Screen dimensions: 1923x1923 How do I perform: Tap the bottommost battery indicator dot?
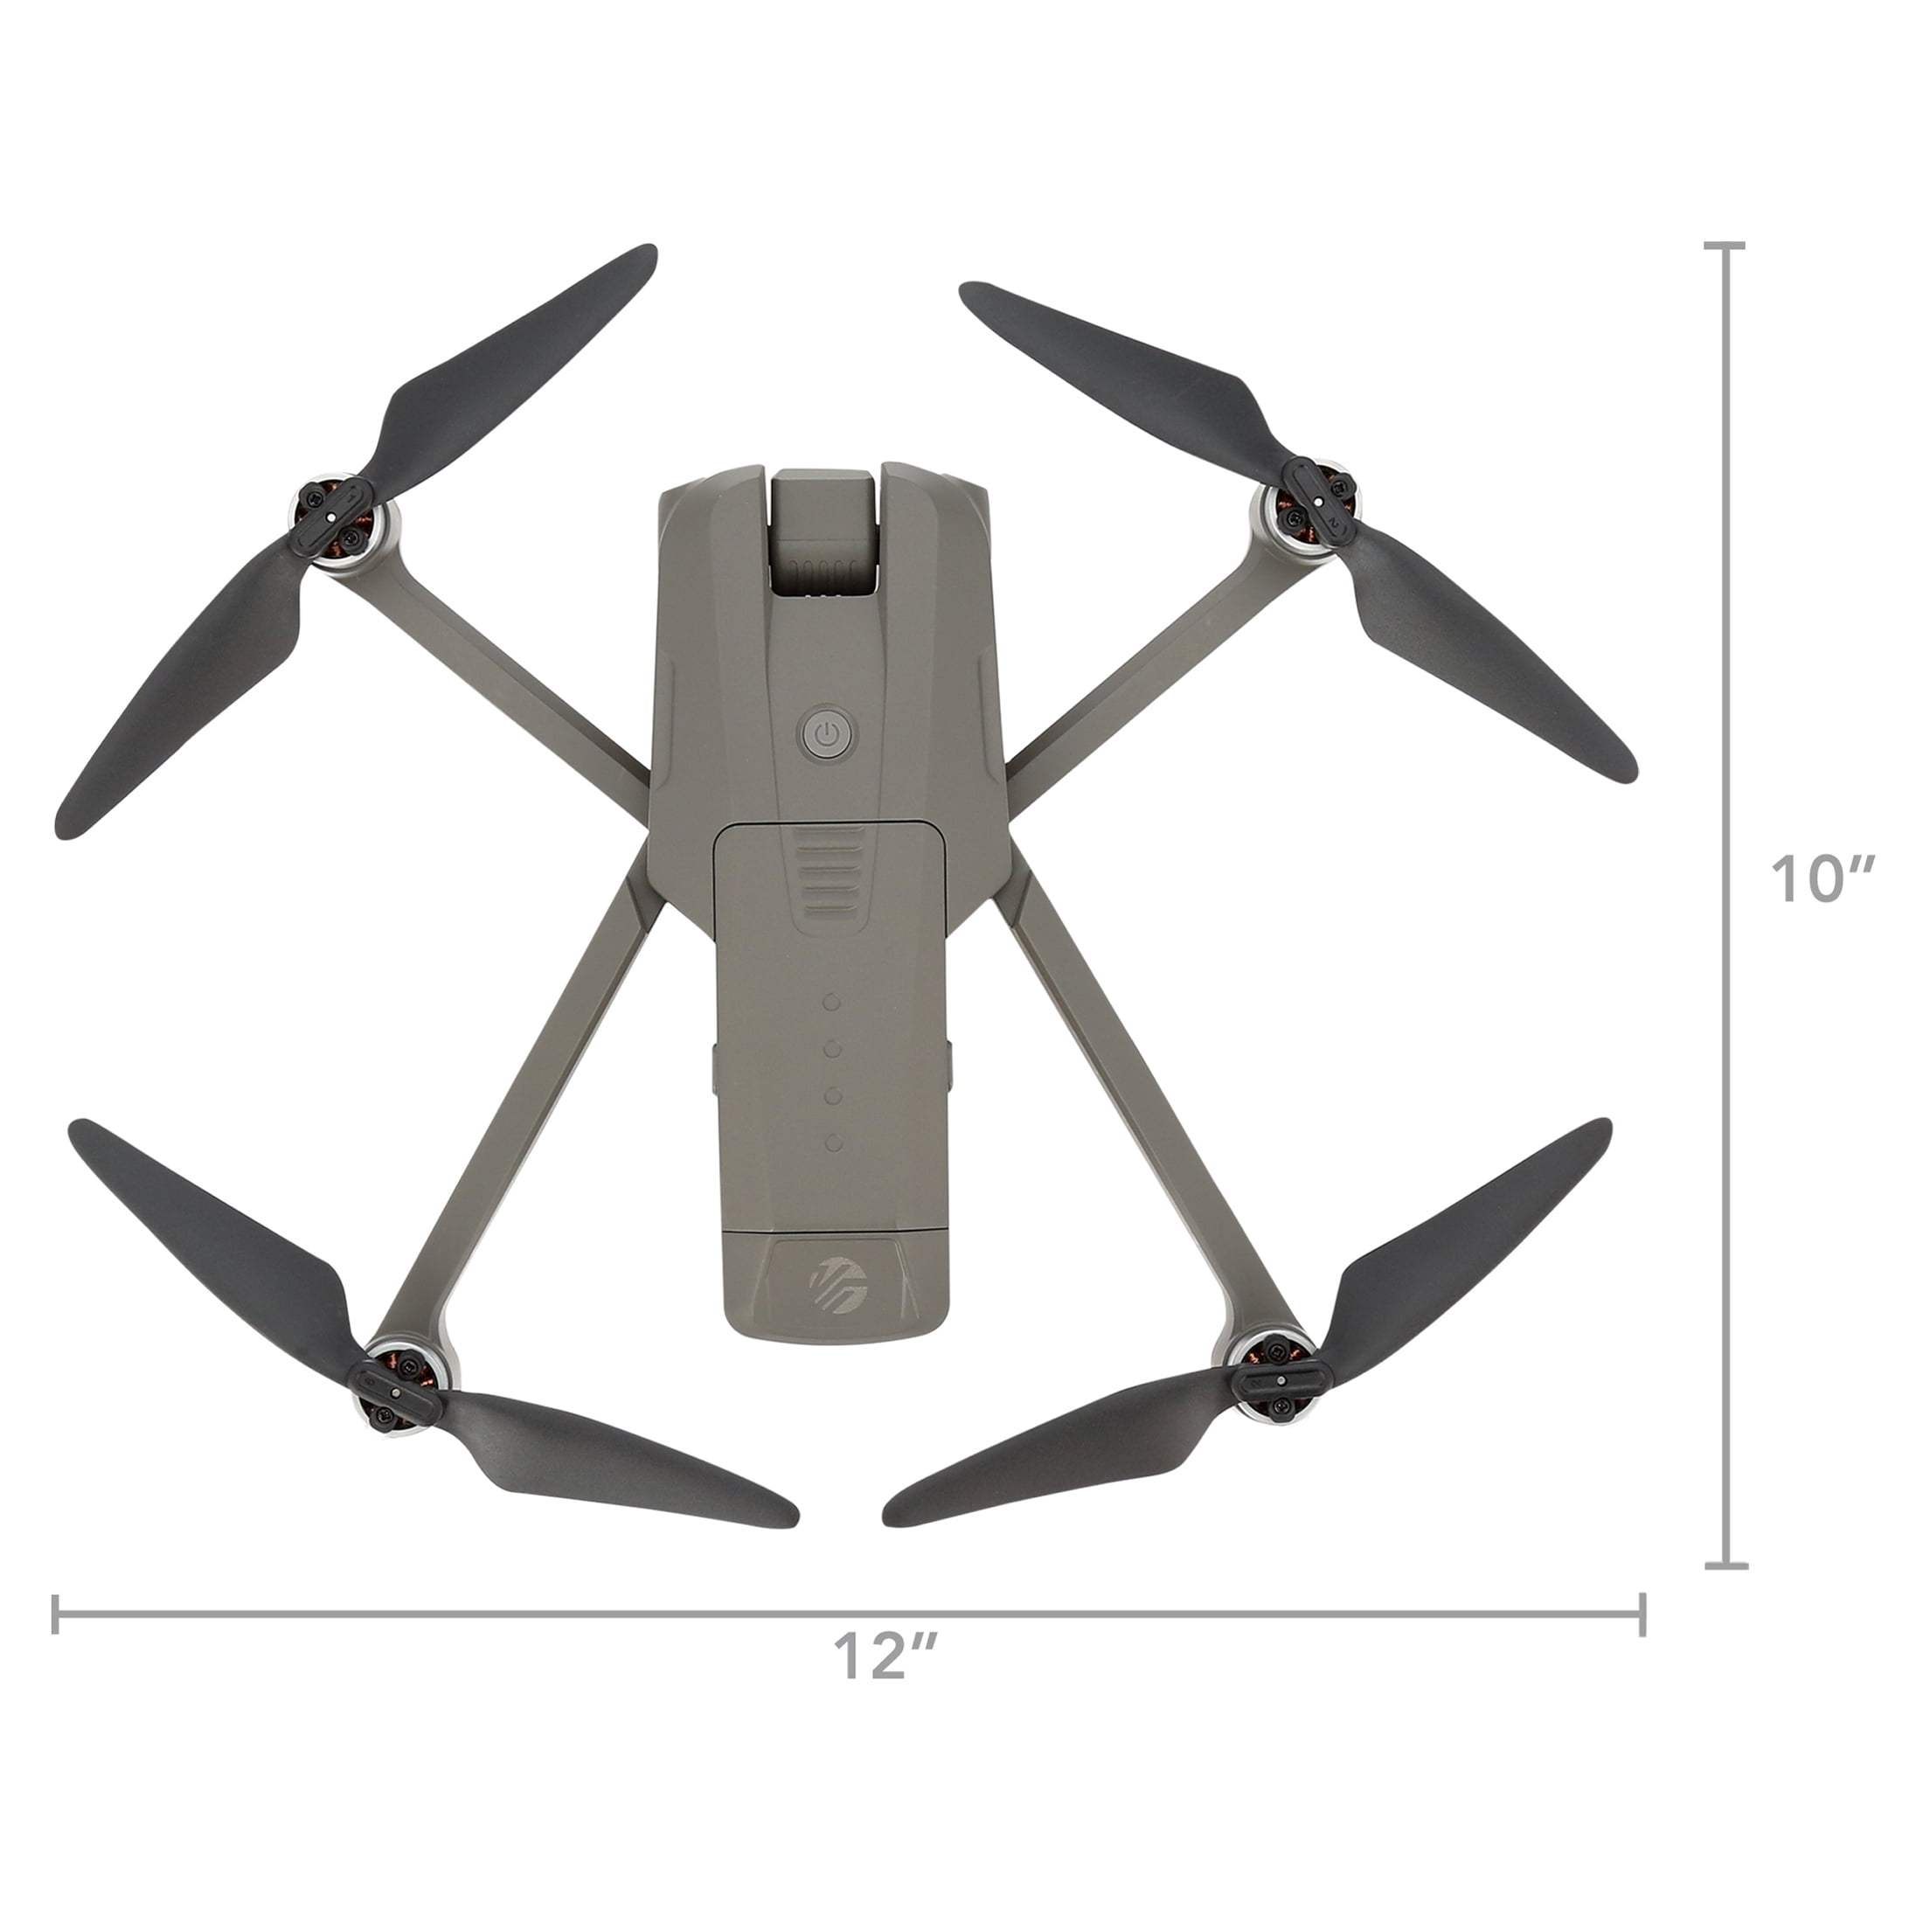[x=834, y=1142]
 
